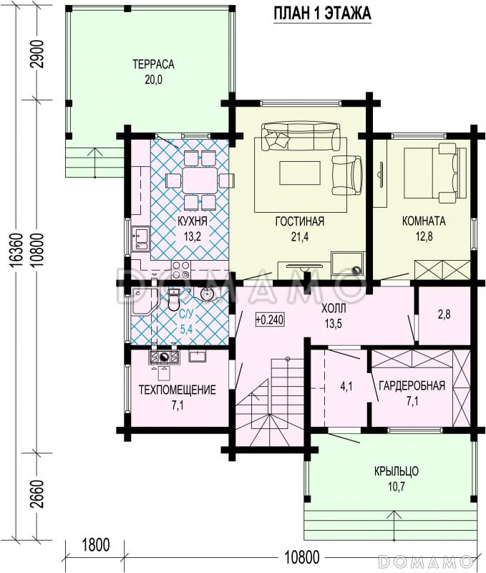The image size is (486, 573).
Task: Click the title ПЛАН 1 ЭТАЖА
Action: coord(322,14)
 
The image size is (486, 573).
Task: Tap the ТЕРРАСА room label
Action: coord(153,64)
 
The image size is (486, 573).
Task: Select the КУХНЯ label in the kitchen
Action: coord(193,221)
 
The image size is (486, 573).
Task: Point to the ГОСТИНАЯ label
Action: coord(300,221)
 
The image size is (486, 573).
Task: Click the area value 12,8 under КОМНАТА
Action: coord(424,236)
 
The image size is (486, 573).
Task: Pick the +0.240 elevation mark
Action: coord(270,319)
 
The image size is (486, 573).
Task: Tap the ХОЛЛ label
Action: coord(334,309)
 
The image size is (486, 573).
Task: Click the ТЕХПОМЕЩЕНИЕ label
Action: coord(178,390)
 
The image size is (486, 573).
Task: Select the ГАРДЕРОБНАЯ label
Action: coord(412,386)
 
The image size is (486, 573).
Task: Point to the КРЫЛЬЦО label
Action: coord(397,471)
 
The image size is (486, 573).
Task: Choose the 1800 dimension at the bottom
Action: coord(95,545)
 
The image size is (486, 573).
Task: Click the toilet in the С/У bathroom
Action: coord(174,299)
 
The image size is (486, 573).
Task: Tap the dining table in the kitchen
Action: coord(200,180)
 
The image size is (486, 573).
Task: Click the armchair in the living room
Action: coord(347,175)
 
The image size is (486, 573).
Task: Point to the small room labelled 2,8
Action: coord(444,315)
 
